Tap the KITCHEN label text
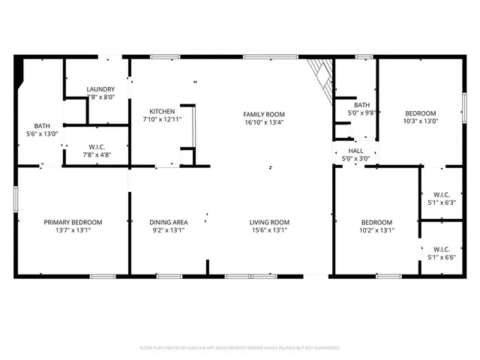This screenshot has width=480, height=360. pyautogui.click(x=162, y=110)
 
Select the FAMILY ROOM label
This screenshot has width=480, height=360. pyautogui.click(x=264, y=114)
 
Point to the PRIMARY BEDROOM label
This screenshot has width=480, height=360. pyautogui.click(x=73, y=222)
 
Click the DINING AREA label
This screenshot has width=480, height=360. pyautogui.click(x=168, y=222)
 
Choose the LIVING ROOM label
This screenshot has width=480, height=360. pyautogui.click(x=269, y=222)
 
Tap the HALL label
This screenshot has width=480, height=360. pyautogui.click(x=355, y=150)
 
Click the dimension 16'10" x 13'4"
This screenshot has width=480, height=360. pyautogui.click(x=264, y=123)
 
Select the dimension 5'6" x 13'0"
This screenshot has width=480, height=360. pyautogui.click(x=41, y=134)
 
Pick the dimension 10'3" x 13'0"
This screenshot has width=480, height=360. pyautogui.click(x=421, y=121)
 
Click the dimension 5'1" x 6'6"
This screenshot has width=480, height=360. pyautogui.click(x=441, y=257)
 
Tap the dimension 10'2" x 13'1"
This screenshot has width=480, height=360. pyautogui.click(x=376, y=230)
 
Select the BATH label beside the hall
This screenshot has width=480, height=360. pyautogui.click(x=362, y=105)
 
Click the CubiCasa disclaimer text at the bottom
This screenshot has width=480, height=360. pyautogui.click(x=240, y=348)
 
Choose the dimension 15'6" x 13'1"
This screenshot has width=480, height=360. pyautogui.click(x=269, y=230)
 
